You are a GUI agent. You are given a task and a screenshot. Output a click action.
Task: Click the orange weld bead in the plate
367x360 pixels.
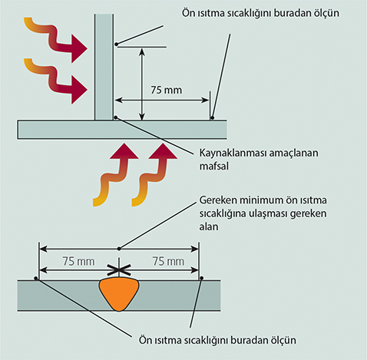[x=119, y=294]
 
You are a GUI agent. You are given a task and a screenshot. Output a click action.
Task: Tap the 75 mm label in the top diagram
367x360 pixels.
[x=166, y=90]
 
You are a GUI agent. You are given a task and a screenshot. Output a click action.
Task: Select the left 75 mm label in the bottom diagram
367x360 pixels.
[x=78, y=262]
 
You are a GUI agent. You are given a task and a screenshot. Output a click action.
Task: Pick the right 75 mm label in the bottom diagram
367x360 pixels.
[x=168, y=262]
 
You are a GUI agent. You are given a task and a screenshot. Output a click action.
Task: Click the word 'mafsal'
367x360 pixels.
[x=214, y=167]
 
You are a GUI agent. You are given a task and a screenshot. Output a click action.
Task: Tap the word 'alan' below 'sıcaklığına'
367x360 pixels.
[x=209, y=226]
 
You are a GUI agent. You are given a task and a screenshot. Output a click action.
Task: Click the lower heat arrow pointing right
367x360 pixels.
[x=56, y=81]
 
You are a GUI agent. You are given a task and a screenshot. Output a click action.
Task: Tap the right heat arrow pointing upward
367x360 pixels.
[x=155, y=174]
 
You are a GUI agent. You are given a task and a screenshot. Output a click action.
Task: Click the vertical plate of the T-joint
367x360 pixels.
[x=104, y=67]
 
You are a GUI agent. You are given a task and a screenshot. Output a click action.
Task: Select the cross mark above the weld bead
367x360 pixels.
[x=119, y=269]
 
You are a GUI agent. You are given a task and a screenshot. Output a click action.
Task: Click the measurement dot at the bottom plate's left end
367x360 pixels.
[x=36, y=278]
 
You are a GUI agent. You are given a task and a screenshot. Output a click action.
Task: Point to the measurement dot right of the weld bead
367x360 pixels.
[x=202, y=278]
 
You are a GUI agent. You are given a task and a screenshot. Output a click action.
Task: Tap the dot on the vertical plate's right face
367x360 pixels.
[x=117, y=45]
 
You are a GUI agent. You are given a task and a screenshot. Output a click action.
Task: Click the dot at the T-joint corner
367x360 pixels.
[x=116, y=117]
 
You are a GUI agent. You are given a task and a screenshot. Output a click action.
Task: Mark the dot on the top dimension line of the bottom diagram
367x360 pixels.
[x=119, y=249]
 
